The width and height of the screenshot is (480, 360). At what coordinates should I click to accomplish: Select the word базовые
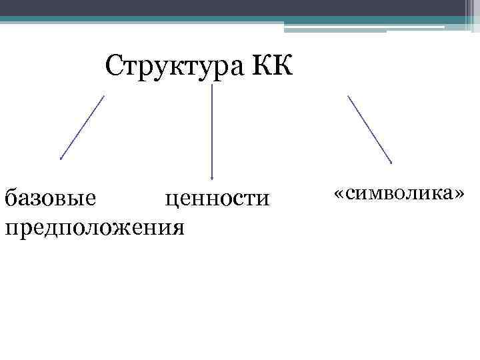[50, 197]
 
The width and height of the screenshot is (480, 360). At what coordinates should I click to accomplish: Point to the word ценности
[217, 197]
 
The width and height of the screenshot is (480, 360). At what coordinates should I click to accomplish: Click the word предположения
[94, 227]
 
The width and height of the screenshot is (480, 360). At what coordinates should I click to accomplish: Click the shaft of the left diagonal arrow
[83, 127]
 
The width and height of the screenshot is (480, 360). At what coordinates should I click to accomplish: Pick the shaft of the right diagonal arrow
[369, 129]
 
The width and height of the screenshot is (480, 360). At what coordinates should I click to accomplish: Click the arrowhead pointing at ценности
[212, 177]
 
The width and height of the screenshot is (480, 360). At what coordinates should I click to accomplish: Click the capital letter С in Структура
[115, 67]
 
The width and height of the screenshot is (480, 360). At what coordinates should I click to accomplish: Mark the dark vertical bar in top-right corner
[465, 13]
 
